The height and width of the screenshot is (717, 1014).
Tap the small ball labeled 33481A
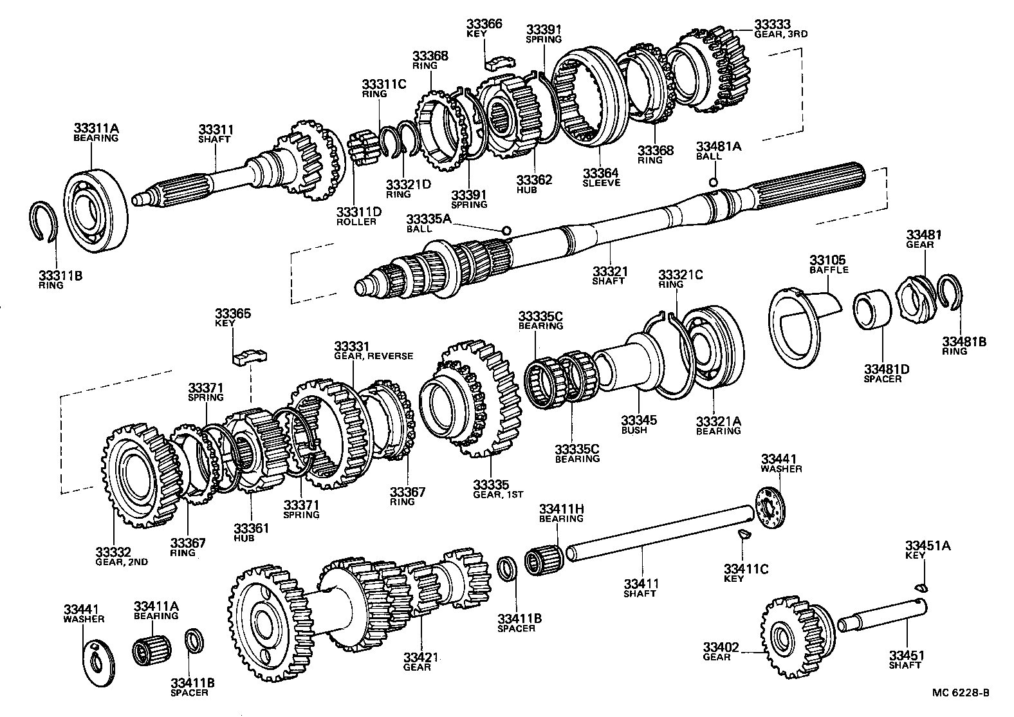[x=713, y=183]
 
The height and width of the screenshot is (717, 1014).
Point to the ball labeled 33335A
[x=506, y=230]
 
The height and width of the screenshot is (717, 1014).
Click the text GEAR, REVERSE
[x=373, y=356]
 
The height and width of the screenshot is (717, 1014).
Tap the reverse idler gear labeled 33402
[x=790, y=635]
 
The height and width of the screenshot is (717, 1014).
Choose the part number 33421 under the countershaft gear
[x=421, y=657]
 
